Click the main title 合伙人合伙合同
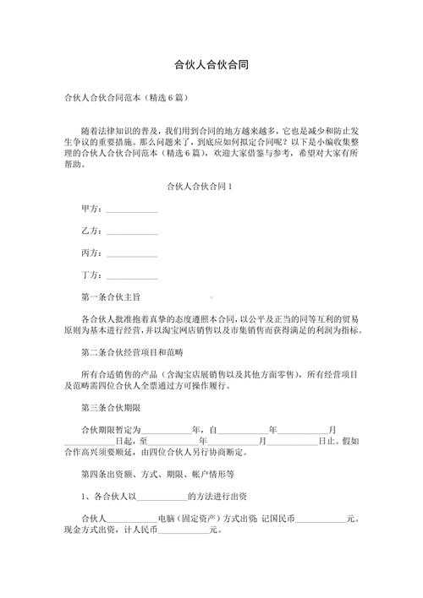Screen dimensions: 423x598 point(211,63)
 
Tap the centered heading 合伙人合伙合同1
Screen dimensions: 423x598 point(211,185)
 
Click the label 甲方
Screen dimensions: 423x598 point(90,208)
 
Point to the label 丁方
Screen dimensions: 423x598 point(90,275)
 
